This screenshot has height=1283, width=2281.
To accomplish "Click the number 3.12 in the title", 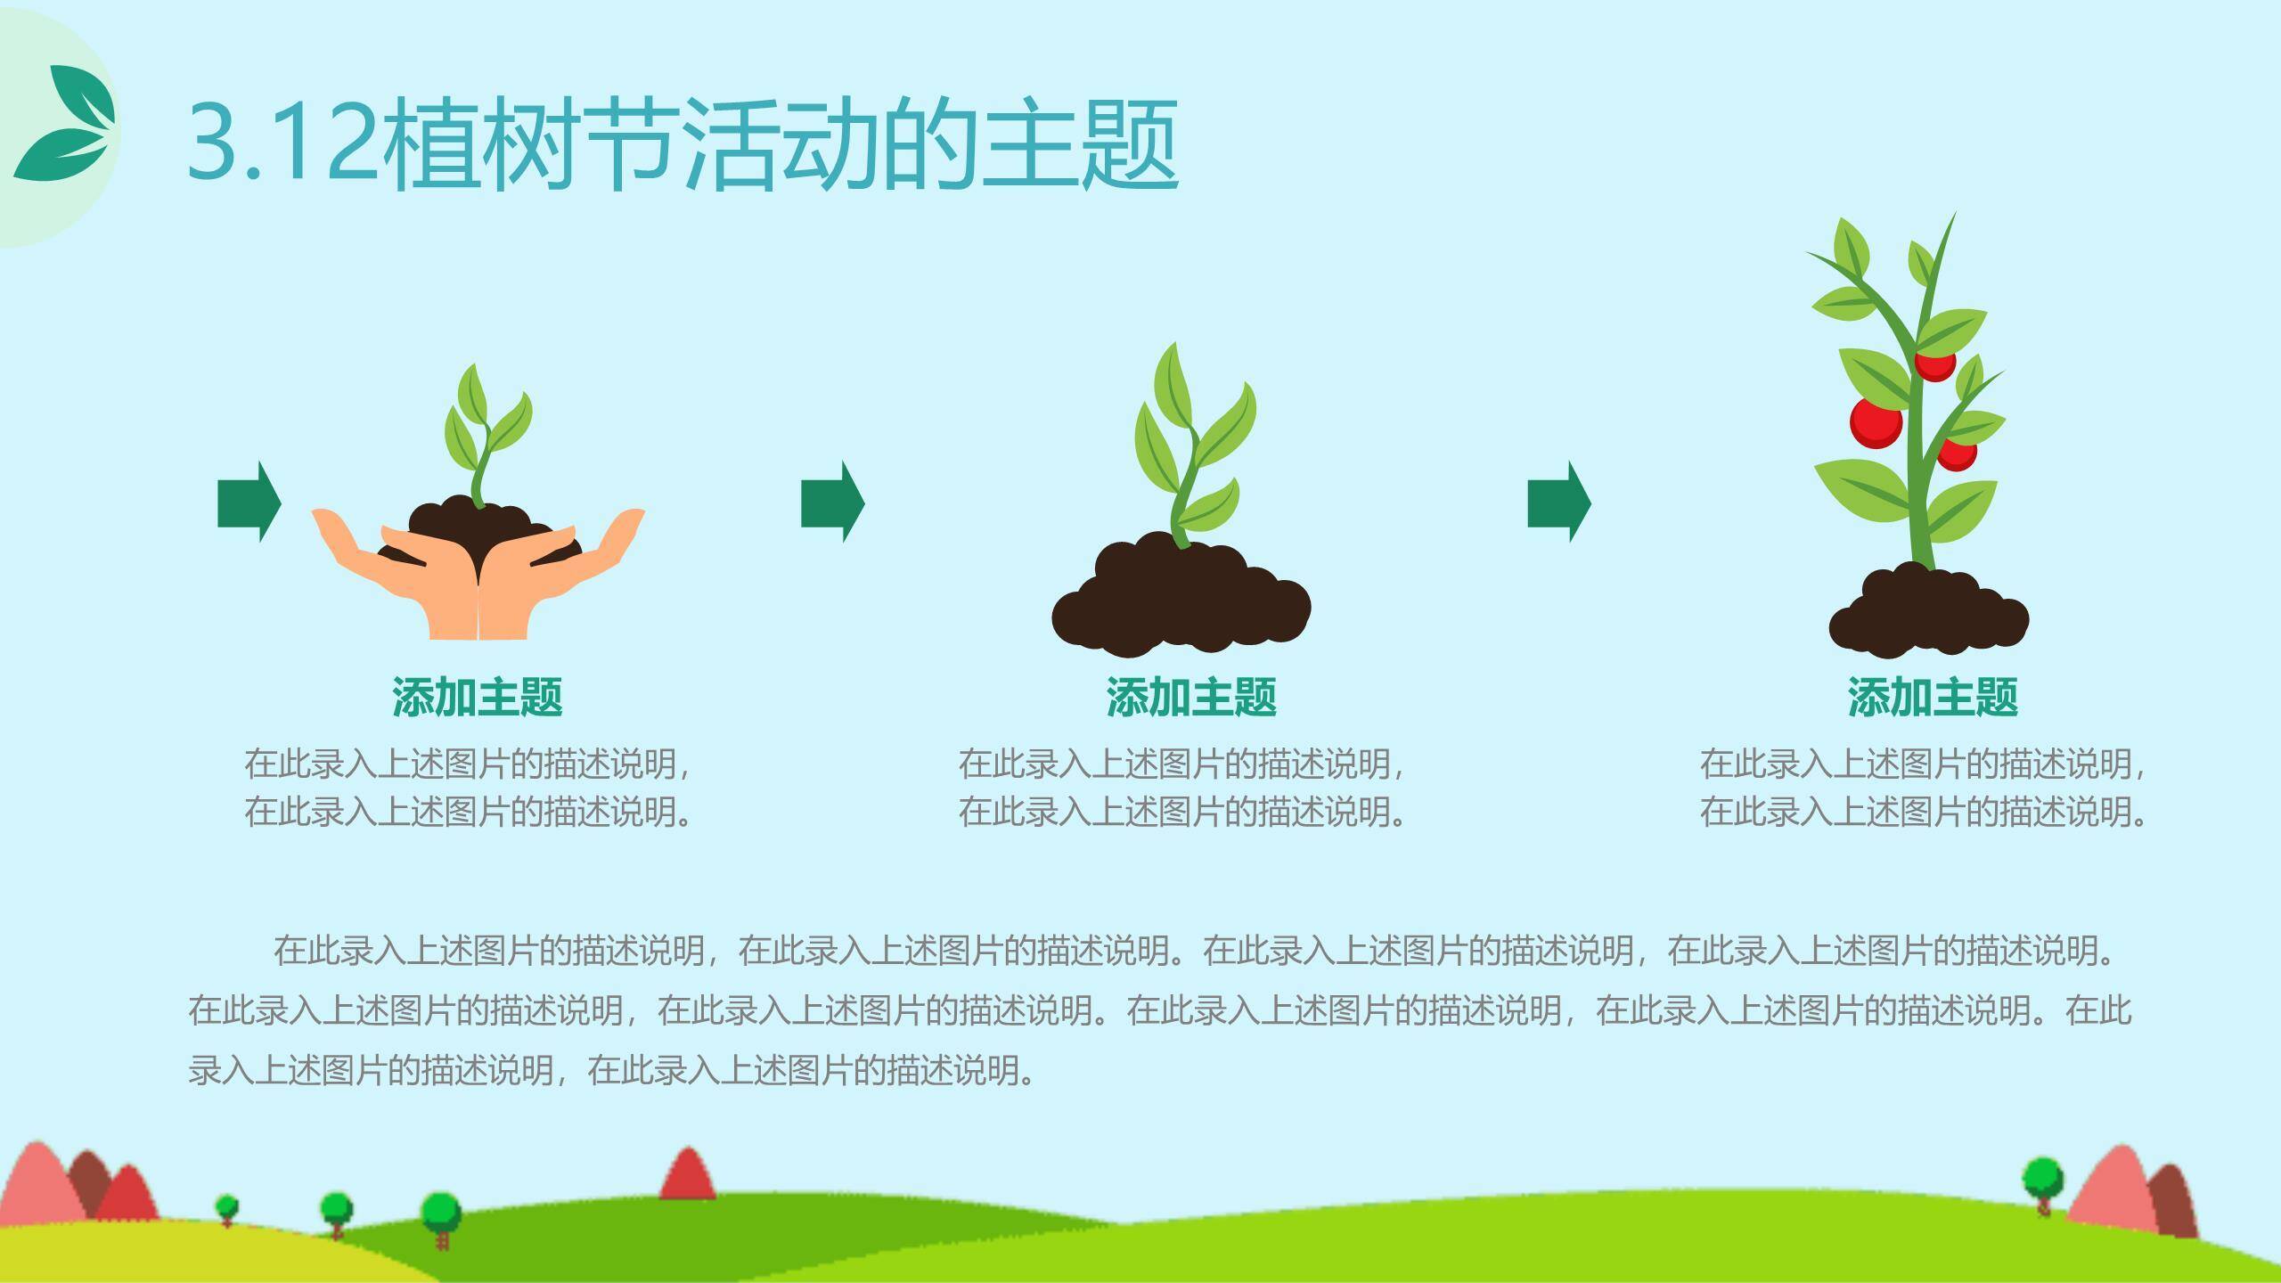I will point(282,143).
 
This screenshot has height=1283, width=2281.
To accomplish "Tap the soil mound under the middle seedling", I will point(1181,597).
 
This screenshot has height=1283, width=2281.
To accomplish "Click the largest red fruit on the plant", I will point(1876,422).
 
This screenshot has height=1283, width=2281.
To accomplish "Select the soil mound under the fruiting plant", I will point(1929,615).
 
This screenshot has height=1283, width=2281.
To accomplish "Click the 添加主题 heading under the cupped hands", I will point(478,697).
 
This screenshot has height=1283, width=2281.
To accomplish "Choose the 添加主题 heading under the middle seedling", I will point(1191,697).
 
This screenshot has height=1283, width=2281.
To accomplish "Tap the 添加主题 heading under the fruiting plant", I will point(1933,697).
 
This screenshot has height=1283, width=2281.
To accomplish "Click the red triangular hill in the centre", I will point(687,1174).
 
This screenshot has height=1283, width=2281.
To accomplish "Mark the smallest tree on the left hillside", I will point(227,1210).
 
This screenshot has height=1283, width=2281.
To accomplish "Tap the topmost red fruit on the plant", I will point(1935,364).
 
